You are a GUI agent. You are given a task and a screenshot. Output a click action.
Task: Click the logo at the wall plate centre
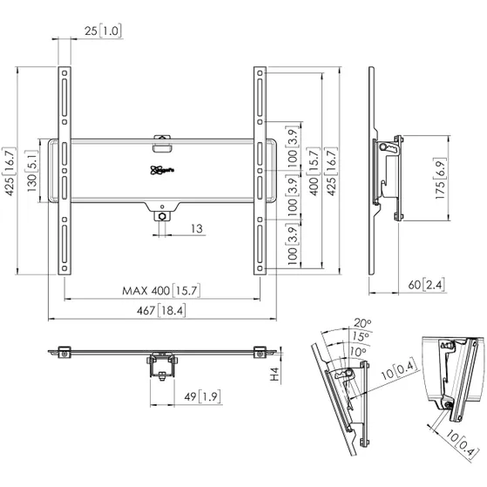coord(161,172)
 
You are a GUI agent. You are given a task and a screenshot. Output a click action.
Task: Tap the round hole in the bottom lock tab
coord(162,215)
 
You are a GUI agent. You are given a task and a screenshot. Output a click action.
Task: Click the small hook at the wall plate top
coord(162,139)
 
